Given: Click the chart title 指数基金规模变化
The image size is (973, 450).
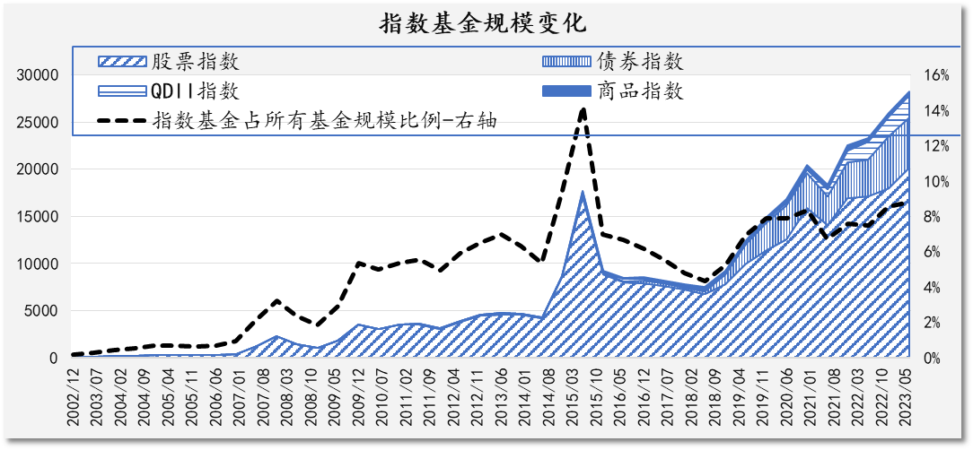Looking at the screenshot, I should [486, 22].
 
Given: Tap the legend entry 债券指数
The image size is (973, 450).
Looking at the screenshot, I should [640, 62].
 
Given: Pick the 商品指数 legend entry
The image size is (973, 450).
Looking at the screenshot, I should [640, 91].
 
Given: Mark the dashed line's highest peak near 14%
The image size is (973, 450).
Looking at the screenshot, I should [583, 109].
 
